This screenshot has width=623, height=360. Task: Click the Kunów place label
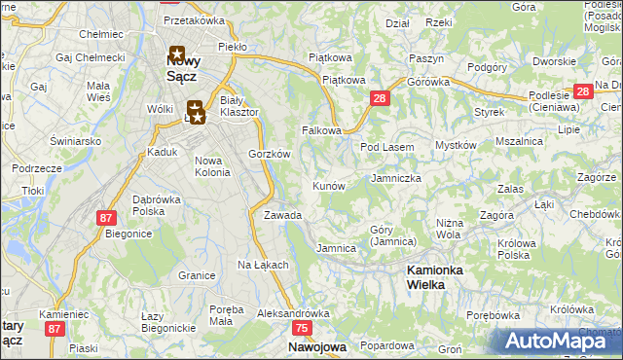click(x=328, y=185)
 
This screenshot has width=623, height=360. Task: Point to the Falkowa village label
click(x=321, y=130)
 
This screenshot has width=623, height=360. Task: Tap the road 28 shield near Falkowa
click(x=380, y=98)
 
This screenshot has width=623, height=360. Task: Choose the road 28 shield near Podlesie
click(x=582, y=91)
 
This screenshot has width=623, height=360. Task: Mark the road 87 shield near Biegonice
click(x=106, y=217)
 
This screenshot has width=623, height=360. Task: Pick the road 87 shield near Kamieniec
click(x=55, y=330)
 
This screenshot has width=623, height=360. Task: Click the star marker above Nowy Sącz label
click(x=177, y=54)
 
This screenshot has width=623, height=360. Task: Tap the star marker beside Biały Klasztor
click(x=195, y=112)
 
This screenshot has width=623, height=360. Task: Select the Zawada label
click(x=282, y=215)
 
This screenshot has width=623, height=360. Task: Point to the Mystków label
click(x=456, y=146)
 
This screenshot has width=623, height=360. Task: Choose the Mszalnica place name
click(x=519, y=141)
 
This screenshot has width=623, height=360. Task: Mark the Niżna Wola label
click(x=449, y=228)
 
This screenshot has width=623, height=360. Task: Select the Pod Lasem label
click(x=387, y=147)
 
